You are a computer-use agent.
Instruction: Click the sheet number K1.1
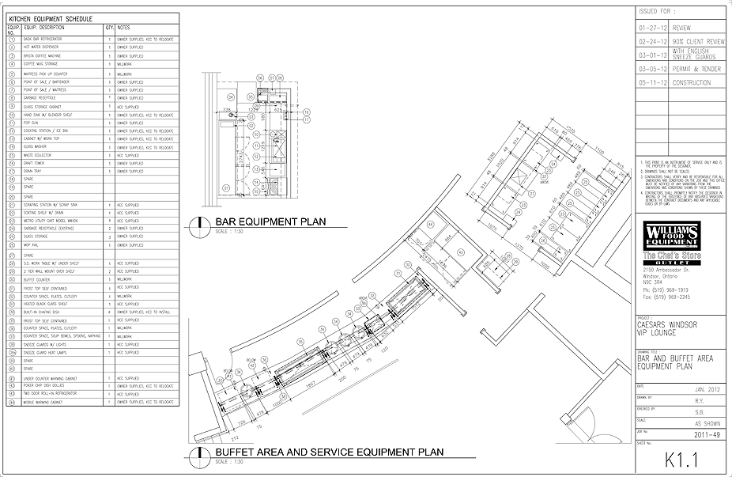[x=682, y=459]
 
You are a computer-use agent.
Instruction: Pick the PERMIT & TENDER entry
[x=696, y=69]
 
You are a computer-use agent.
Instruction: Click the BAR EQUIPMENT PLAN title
[x=262, y=222]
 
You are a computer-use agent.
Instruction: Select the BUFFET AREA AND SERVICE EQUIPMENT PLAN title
[x=329, y=452]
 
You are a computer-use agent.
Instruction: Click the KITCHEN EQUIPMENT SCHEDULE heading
[x=50, y=17]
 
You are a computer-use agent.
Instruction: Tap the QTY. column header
[x=109, y=28]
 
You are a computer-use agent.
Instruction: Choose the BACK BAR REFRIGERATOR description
[x=43, y=39]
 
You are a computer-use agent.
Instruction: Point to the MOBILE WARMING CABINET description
[x=45, y=402]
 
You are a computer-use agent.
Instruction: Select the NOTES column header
[x=124, y=28]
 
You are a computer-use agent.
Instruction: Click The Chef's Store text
[x=671, y=255]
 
